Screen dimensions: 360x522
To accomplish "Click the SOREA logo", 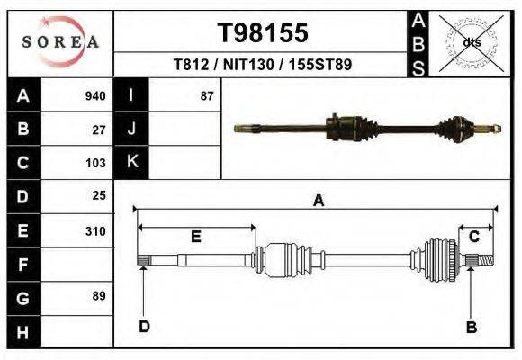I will [x=60, y=41].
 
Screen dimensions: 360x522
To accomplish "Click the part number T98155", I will [x=263, y=33].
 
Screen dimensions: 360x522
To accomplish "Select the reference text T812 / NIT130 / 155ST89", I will [x=263, y=65].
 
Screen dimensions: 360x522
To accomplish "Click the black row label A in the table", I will [x=22, y=96].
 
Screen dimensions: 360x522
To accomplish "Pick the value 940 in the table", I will [x=94, y=96].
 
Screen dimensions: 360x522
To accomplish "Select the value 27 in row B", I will [x=99, y=130].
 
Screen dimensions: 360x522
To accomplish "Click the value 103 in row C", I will [x=95, y=163].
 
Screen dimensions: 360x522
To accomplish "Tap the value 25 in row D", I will [x=99, y=195].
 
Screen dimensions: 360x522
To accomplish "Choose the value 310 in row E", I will [x=95, y=230].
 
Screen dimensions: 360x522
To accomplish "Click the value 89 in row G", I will [x=99, y=296].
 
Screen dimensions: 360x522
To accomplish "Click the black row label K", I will [x=131, y=163].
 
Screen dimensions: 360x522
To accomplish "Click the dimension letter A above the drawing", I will [x=318, y=202].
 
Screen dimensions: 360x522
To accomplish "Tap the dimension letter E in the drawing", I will [x=195, y=236].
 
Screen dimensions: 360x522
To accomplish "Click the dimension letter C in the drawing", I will [x=473, y=236].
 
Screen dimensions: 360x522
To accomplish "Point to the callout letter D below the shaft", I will [x=144, y=326].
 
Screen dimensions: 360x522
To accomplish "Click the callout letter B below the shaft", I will [x=471, y=327].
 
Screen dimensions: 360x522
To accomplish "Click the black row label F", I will [x=22, y=264].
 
